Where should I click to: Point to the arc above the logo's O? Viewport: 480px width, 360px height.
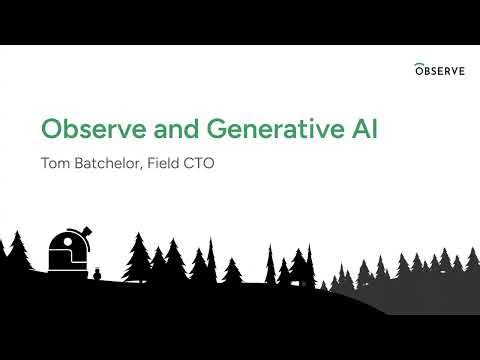(421, 63)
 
